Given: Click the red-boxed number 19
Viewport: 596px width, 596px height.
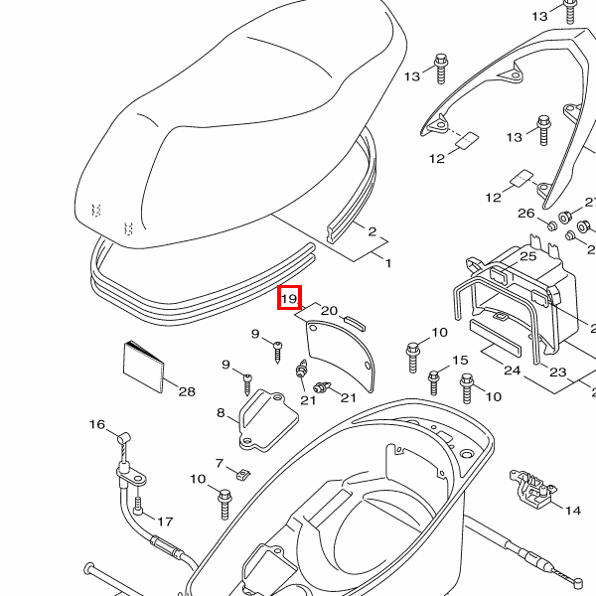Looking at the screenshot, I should click(x=289, y=298).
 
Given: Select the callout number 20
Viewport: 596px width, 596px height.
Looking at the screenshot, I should click(x=330, y=311).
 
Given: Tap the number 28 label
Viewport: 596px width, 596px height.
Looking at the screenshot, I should click(x=187, y=391).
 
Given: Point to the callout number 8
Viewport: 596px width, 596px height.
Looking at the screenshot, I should click(x=221, y=411).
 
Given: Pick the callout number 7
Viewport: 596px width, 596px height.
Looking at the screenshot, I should click(x=221, y=464).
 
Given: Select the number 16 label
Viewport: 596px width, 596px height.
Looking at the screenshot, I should click(x=97, y=425).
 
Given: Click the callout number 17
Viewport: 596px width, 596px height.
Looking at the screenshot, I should click(x=165, y=521).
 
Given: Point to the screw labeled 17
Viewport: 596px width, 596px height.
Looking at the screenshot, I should click(x=139, y=506).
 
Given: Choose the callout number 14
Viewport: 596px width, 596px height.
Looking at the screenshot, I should click(x=572, y=511).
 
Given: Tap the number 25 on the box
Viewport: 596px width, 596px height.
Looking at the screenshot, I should click(x=527, y=256).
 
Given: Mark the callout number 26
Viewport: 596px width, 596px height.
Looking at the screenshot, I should click(x=526, y=214).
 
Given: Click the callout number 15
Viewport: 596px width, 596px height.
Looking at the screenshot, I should click(x=460, y=361).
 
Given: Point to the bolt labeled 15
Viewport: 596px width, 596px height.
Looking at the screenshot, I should click(x=434, y=380).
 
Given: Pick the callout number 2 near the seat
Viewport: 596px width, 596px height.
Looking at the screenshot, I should click(x=372, y=232).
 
